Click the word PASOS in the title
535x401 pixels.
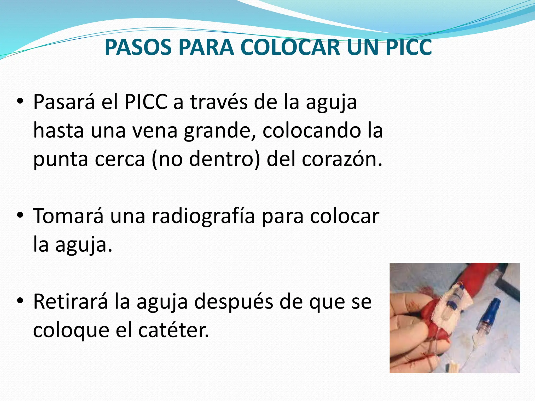pyautogui.click(x=138, y=48)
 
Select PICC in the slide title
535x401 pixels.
pyautogui.click(x=409, y=48)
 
